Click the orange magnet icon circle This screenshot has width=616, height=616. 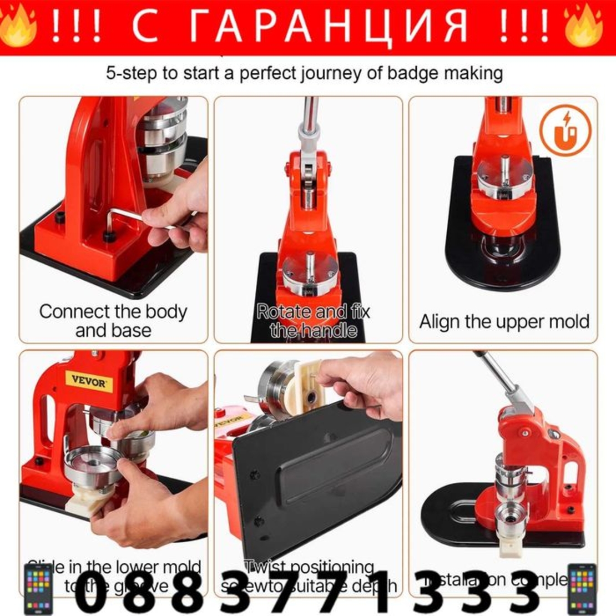click(565, 131)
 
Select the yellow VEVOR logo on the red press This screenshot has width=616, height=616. click(89, 382)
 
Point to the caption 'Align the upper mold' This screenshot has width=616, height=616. click(504, 322)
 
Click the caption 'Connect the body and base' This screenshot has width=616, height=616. click(113, 321)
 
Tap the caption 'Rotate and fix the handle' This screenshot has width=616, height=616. click(314, 321)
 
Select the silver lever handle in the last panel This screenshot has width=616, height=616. click(494, 377)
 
